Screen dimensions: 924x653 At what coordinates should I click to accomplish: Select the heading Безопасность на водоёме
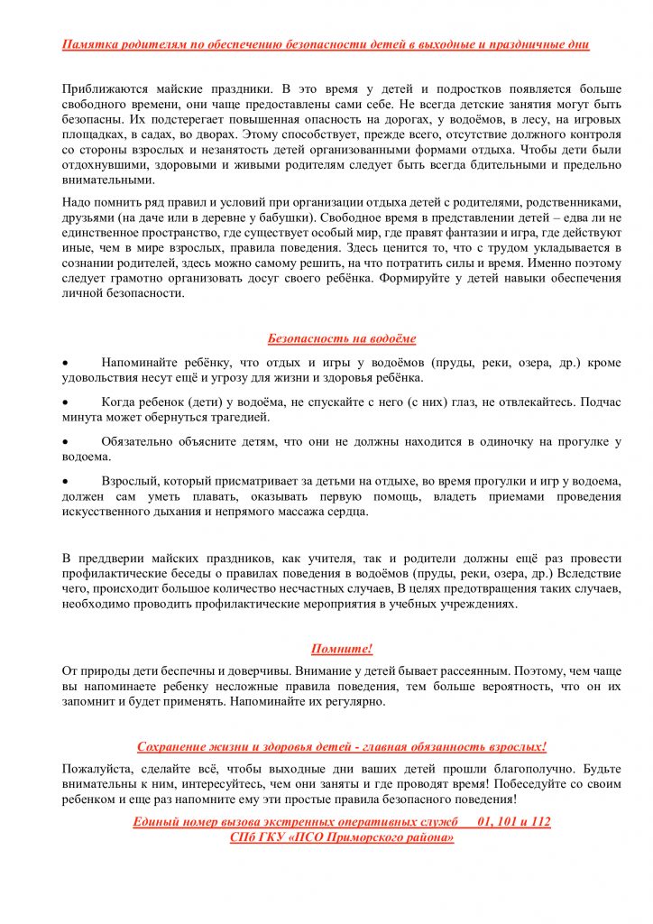point(342,338)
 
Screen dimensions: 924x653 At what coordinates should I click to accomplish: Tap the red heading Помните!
point(342,649)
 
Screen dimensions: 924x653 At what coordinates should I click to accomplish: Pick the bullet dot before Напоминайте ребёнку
point(65,363)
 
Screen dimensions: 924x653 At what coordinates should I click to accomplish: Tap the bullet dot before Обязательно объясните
point(65,442)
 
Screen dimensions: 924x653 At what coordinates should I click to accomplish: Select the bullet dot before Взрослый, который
point(65,482)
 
